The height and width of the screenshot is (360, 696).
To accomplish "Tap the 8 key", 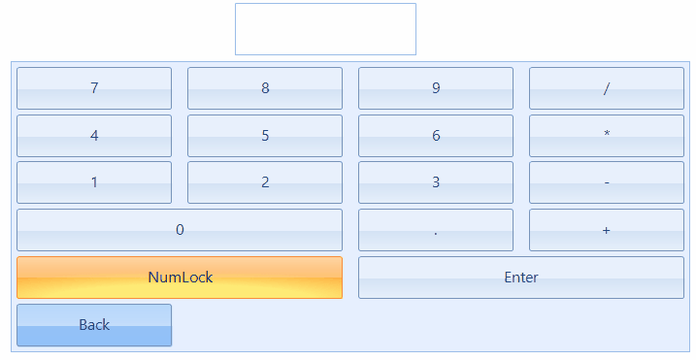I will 265,88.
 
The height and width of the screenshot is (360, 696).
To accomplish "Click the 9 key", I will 436,88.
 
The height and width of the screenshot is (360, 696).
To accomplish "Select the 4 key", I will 94,136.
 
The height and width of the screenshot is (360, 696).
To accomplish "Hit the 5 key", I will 265,136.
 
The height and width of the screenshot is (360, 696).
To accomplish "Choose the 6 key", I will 436,136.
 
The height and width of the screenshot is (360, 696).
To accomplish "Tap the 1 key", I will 94,182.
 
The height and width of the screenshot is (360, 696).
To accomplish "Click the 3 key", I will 436,182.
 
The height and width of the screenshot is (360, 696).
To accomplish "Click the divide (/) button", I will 607,88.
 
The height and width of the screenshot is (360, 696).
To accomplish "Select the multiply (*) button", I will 607,136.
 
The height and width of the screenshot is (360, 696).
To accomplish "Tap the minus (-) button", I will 607,182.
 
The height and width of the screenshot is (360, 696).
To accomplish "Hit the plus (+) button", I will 607,230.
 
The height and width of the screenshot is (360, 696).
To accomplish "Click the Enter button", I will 521,278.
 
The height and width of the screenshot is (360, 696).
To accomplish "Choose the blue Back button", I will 94,325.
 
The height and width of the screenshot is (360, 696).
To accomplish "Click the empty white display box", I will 325,29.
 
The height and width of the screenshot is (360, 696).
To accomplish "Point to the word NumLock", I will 181,278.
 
